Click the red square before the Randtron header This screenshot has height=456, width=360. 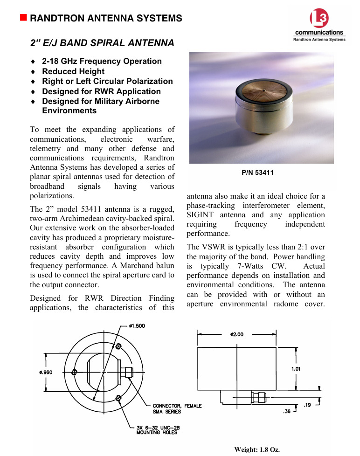(x=23, y=18)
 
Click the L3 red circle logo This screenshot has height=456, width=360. (x=319, y=19)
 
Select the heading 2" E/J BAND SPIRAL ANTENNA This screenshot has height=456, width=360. (x=102, y=43)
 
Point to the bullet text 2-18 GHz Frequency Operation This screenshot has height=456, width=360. (x=102, y=61)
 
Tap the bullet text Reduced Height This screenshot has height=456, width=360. (x=73, y=71)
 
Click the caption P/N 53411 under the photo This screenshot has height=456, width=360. (x=257, y=173)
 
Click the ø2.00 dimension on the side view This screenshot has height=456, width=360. (x=237, y=334)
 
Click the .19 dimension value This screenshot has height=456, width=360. (x=307, y=405)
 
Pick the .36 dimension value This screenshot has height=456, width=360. (x=287, y=411)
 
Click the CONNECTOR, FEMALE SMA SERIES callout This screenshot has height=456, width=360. (x=177, y=409)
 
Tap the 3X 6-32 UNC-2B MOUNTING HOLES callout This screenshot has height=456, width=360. (x=157, y=429)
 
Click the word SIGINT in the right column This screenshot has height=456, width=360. (x=200, y=215)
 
